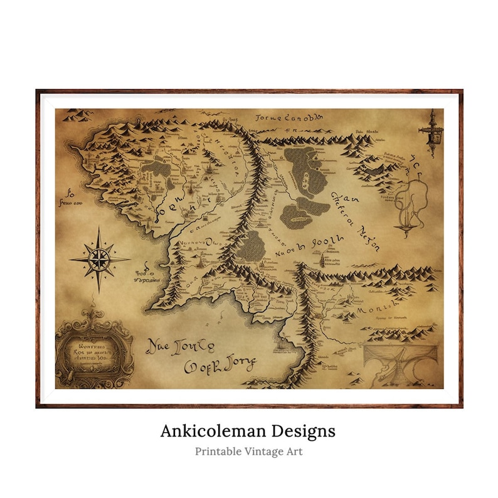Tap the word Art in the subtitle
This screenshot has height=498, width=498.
(x=295, y=451)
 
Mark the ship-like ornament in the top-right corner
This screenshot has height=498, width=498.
(x=431, y=129)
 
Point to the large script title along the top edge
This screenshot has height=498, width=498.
(x=290, y=117)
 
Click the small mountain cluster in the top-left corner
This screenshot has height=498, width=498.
(x=80, y=115)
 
